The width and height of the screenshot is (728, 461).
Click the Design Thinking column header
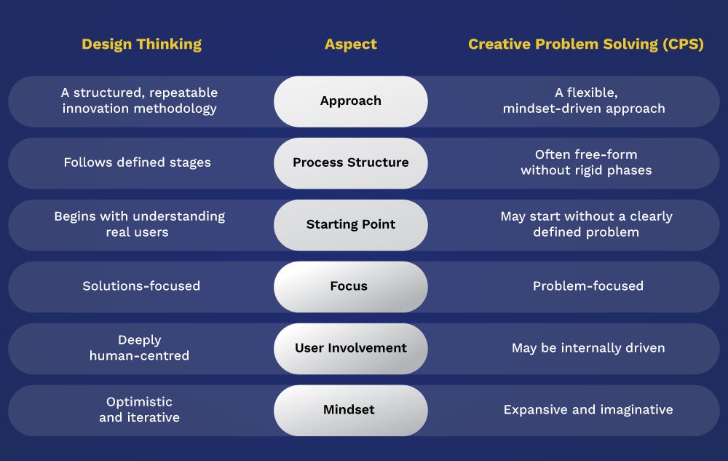[142, 44]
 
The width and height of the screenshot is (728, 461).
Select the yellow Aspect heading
[351, 44]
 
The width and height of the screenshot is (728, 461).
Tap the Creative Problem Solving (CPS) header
[586, 44]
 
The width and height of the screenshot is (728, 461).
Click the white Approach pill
[351, 101]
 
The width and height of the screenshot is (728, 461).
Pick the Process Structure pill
[351, 163]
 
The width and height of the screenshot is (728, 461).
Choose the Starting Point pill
[351, 225]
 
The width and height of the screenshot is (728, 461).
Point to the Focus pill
[351, 286]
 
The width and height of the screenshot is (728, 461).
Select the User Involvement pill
[351, 348]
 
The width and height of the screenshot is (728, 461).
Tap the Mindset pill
[351, 410]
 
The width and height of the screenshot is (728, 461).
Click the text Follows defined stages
[138, 162]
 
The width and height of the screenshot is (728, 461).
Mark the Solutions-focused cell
[141, 286]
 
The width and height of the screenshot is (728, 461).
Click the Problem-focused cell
[588, 286]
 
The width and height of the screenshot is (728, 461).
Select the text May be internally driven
[588, 347]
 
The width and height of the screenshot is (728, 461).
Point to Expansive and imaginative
[588, 409]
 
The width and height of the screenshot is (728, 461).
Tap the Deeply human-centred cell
[139, 347]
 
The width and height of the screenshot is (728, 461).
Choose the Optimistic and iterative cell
[139, 409]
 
